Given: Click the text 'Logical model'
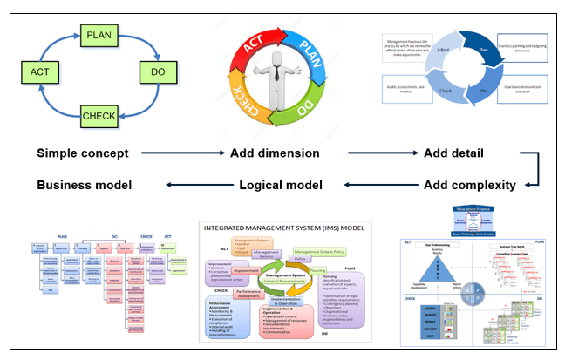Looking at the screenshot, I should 282,185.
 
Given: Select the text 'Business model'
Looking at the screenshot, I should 84,185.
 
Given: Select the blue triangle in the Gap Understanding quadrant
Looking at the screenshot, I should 424,265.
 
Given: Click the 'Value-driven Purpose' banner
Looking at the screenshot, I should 463,210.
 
